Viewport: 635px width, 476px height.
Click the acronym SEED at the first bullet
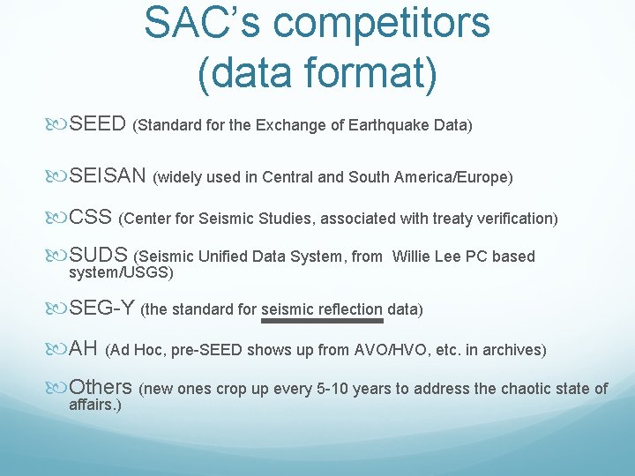98,123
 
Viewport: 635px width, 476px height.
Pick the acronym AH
83,348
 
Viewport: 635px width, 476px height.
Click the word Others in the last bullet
101,387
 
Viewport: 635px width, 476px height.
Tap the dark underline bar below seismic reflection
323,322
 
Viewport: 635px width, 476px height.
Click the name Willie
412,257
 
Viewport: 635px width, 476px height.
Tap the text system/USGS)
121,272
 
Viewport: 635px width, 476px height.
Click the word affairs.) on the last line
95,405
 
